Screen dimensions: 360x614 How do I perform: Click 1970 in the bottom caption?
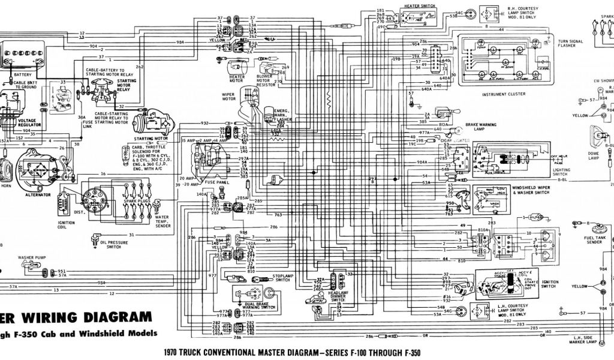coord(173,353)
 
